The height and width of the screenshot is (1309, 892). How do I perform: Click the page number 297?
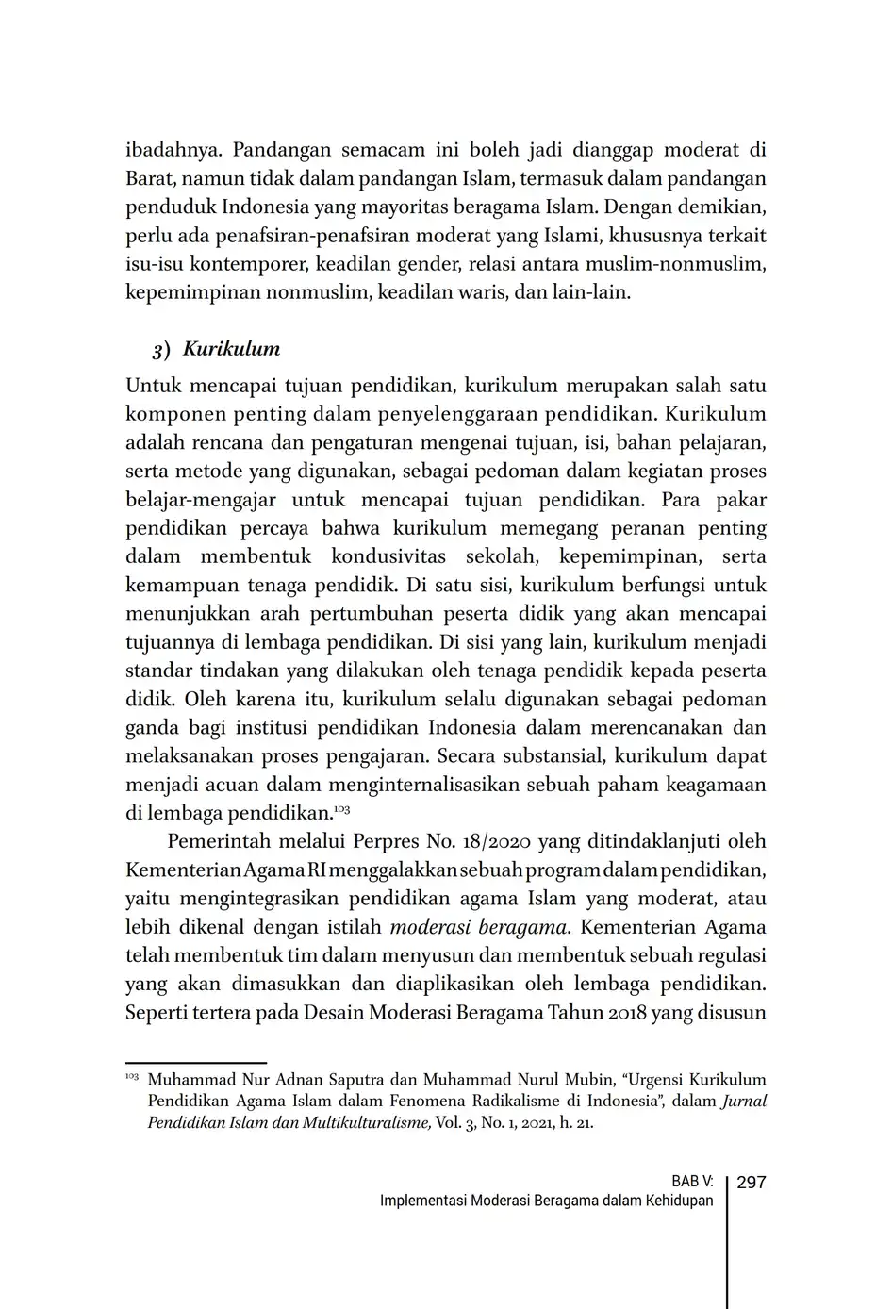751,1182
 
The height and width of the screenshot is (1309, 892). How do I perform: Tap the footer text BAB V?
692,1182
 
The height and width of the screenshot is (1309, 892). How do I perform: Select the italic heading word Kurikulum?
231,349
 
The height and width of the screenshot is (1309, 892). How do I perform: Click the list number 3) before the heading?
161,350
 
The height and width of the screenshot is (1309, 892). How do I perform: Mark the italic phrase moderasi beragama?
478,927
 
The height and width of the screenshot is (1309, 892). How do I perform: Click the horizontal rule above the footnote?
196,1062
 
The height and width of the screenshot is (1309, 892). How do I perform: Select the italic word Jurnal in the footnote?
744,1102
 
